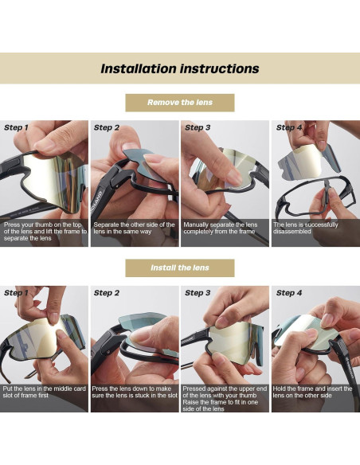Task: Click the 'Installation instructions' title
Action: [180, 68]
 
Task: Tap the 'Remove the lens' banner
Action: [180, 103]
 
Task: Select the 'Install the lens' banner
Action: [180, 268]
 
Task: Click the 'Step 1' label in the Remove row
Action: [16, 128]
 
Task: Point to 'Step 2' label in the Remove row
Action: [107, 128]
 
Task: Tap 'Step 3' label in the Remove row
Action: [198, 128]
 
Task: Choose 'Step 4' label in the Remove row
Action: [289, 128]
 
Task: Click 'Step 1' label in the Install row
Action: [16, 293]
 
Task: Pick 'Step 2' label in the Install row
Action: [107, 293]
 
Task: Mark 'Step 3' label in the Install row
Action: [198, 293]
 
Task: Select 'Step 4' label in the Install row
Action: [289, 293]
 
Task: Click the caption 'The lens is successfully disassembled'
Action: [306, 228]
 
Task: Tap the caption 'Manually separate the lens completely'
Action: [221, 228]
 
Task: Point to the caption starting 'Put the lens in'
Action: [45, 392]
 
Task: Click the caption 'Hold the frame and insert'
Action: [312, 392]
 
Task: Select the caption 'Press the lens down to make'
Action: [135, 392]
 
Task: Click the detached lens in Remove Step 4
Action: [308, 162]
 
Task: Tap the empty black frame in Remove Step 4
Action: [315, 196]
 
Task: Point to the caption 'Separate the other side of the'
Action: [135, 228]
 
